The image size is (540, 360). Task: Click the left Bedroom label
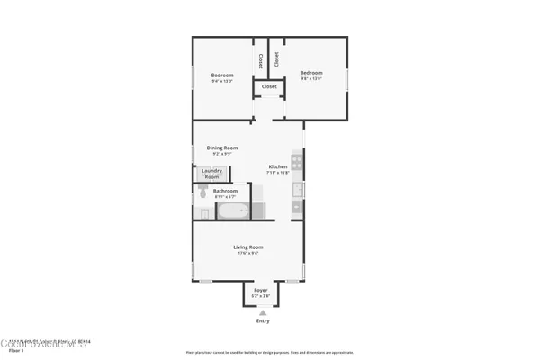[222, 75]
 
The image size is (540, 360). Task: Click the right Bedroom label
[311, 72]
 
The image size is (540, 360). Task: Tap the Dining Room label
[221, 148]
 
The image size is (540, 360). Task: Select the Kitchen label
[278, 166]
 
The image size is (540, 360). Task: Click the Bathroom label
[225, 191]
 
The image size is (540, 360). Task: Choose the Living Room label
[248, 247]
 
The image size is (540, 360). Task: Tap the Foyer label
[260, 290]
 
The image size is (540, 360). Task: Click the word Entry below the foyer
[263, 321]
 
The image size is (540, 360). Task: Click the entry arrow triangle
[263, 312]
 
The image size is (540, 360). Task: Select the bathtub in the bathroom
[233, 212]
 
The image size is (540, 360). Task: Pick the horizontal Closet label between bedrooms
[269, 86]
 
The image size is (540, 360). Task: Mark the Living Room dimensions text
[248, 253]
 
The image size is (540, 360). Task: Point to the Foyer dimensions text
[260, 296]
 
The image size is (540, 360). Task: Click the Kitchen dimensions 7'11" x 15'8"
[279, 173]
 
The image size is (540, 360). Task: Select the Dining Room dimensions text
[221, 154]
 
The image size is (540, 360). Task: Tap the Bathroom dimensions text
[225, 197]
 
